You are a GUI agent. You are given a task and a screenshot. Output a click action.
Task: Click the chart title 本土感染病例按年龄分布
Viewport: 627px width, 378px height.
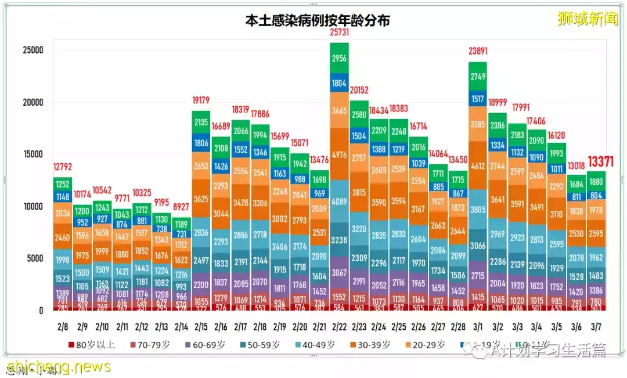[317, 21]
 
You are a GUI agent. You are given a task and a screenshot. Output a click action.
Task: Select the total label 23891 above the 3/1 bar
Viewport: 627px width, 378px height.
[478, 51]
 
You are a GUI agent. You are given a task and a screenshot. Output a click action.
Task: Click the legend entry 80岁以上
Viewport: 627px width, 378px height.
[92, 345]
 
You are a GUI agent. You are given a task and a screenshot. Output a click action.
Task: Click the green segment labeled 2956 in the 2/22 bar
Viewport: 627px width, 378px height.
[339, 58]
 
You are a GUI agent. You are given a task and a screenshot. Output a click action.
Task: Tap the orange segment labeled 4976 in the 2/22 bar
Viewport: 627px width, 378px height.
[339, 154]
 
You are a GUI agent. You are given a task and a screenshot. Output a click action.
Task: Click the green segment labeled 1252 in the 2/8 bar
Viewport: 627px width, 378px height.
[63, 184]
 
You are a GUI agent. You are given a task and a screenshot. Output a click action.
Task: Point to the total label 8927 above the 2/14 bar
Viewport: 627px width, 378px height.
[181, 207]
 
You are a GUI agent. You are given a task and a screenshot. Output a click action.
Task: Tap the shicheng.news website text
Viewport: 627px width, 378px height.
[58, 366]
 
